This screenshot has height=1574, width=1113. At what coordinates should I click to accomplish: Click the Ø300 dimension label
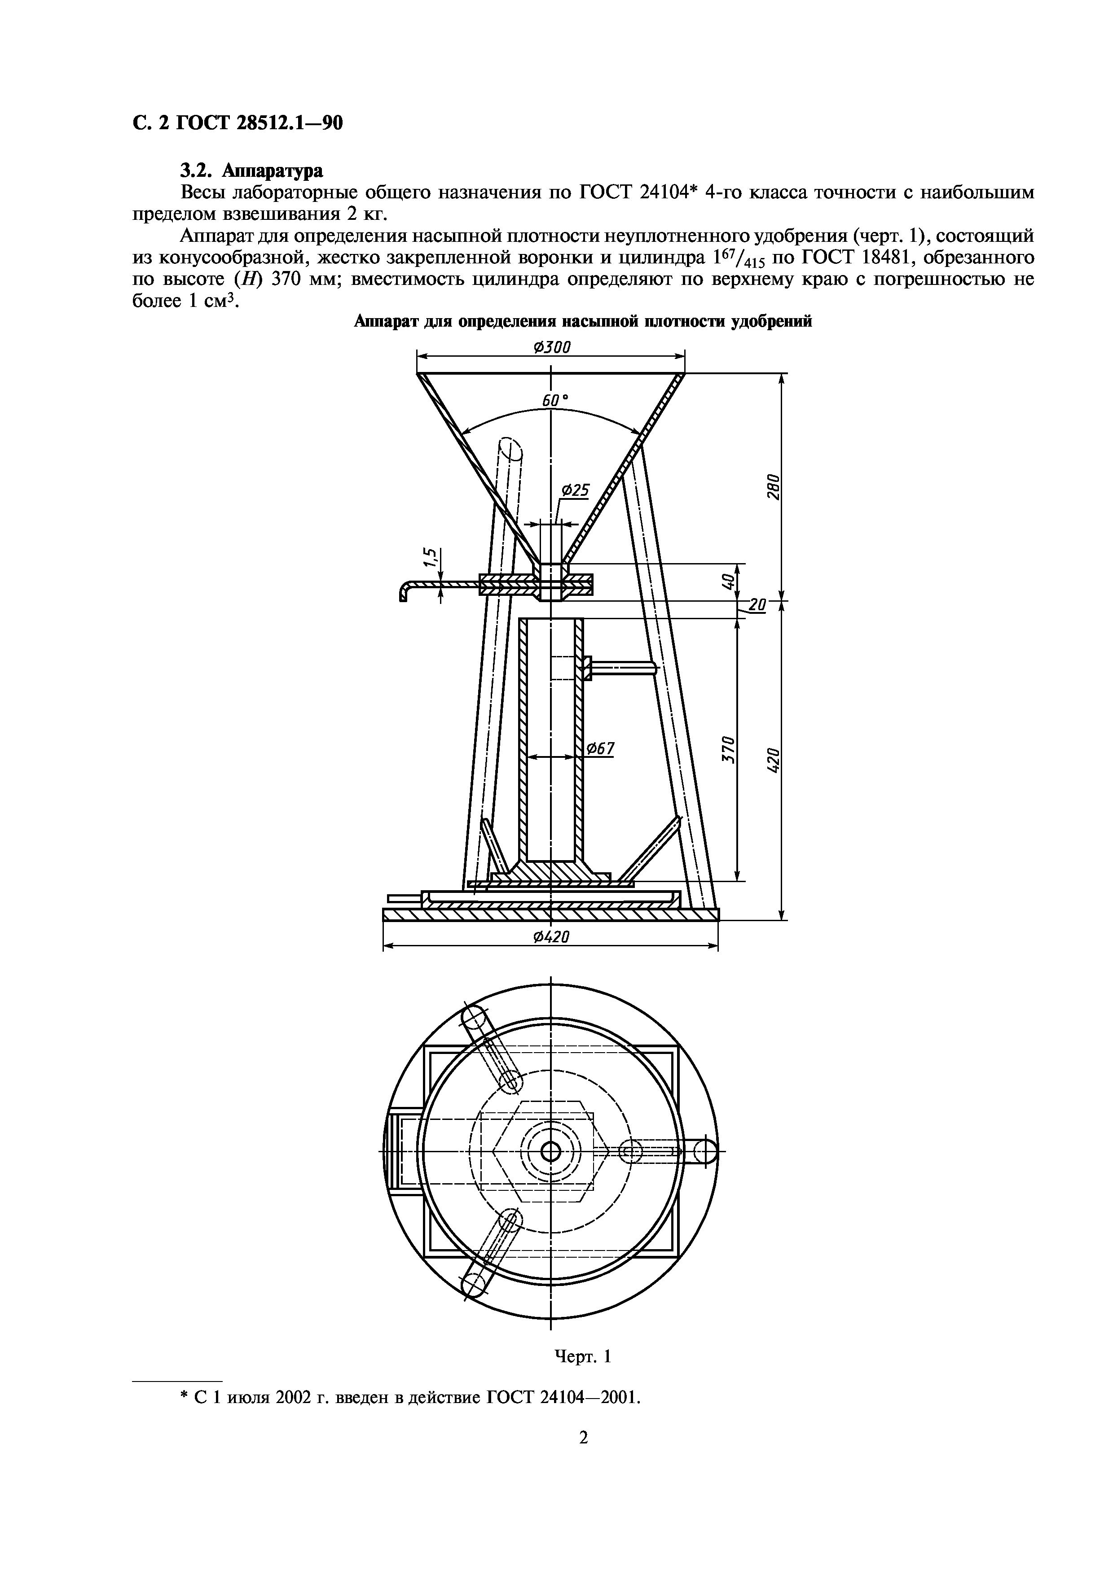coord(551,348)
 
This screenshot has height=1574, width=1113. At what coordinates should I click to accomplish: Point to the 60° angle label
coord(555,400)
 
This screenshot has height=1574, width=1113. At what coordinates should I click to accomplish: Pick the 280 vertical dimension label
coord(772,487)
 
